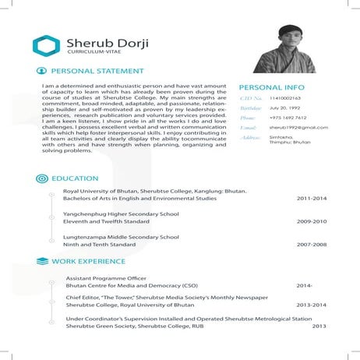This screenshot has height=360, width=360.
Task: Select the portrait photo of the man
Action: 300,48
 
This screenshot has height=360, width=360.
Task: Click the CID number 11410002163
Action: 285,99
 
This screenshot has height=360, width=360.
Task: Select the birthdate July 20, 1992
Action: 284,108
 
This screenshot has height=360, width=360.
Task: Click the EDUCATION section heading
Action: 75,178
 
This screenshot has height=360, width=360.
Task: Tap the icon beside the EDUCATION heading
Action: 42,178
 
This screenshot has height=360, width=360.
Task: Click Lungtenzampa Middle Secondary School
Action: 121,236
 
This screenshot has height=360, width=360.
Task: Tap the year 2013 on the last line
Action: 318,326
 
